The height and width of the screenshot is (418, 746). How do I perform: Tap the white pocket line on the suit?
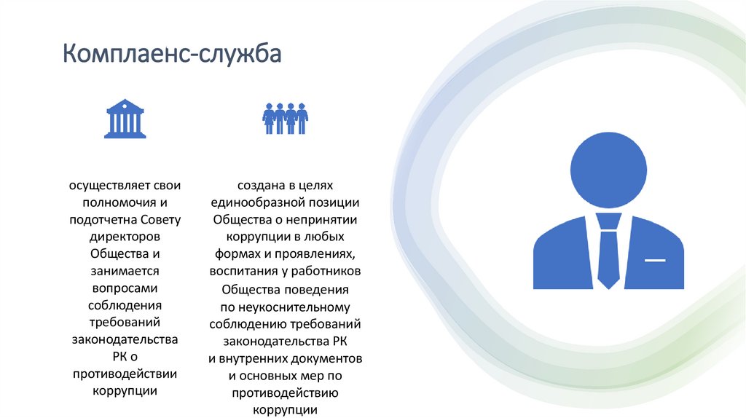pyautogui.click(x=655, y=260)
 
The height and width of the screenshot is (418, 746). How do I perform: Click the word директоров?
pyautogui.click(x=125, y=236)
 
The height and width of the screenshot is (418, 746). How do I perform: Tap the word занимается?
pyautogui.click(x=125, y=270)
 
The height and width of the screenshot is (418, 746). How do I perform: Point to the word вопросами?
pyautogui.click(x=125, y=288)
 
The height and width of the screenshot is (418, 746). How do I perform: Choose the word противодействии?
pyautogui.click(x=125, y=374)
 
